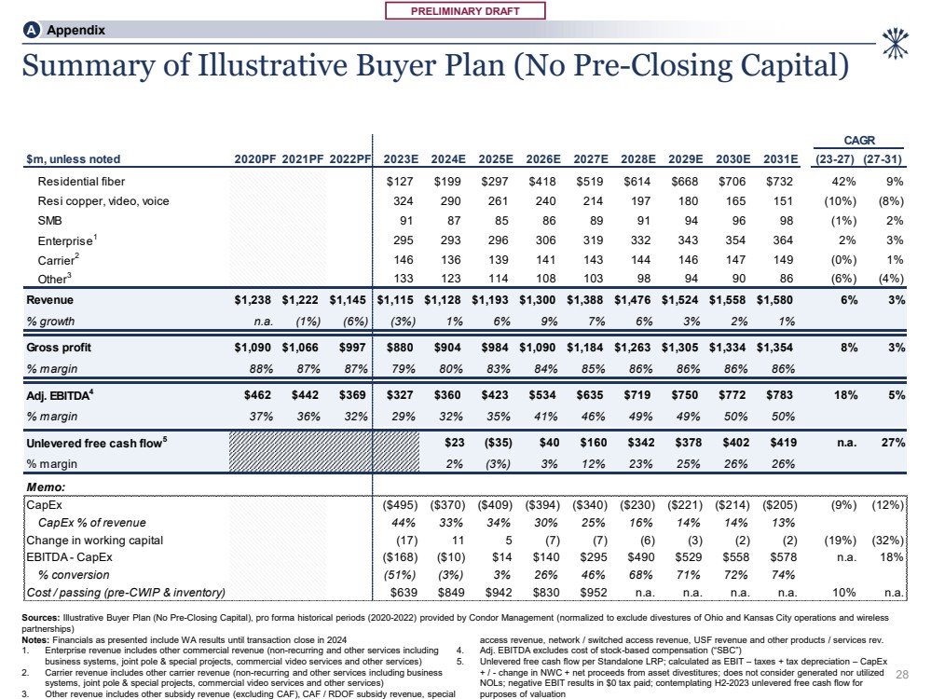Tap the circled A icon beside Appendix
(31, 30)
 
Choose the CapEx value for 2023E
(396, 505)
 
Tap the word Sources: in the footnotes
(41, 618)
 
